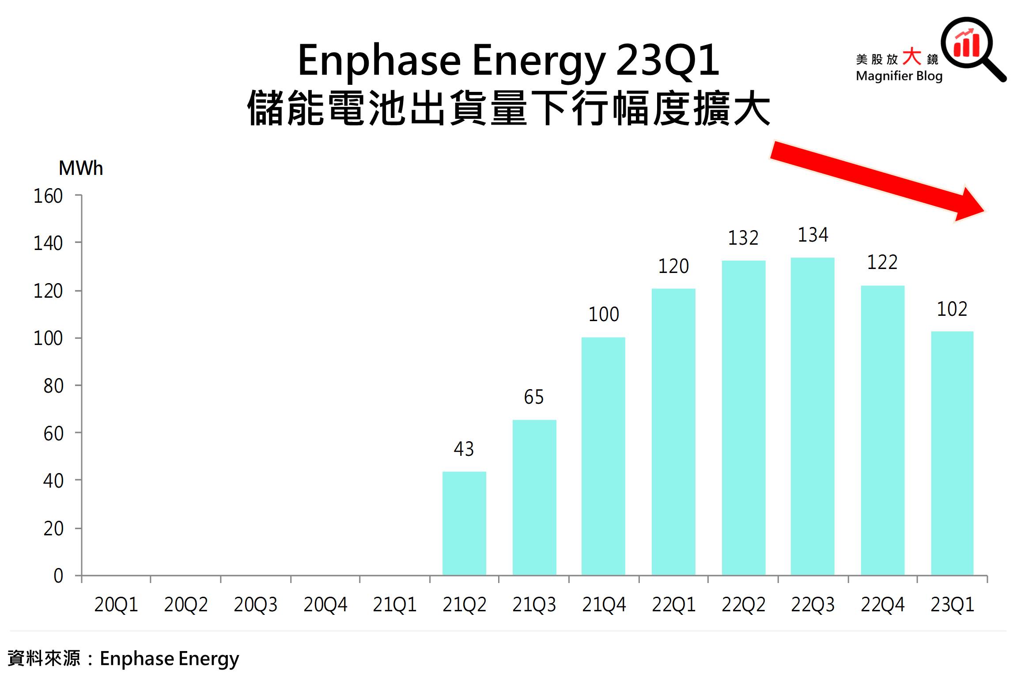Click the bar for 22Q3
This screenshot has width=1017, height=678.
812,416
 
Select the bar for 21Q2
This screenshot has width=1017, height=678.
464,523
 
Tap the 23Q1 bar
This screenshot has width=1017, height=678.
952,453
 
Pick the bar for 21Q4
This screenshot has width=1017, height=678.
603,456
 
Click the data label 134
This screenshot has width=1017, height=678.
813,235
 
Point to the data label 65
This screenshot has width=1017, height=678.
533,397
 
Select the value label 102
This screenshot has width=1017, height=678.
952,309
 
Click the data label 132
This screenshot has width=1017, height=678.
743,239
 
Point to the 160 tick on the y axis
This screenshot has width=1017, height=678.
48,196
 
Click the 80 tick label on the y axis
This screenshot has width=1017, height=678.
53,386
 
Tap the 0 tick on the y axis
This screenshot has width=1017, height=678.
58,576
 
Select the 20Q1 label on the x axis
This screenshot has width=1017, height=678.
116,605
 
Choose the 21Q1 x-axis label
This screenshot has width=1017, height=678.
394,605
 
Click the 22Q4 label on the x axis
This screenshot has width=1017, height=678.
882,605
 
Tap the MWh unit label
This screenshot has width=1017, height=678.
81,168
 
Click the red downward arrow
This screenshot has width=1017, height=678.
877,181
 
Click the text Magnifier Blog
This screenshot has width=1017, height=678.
899,76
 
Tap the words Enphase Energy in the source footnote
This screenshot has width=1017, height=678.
169,659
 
